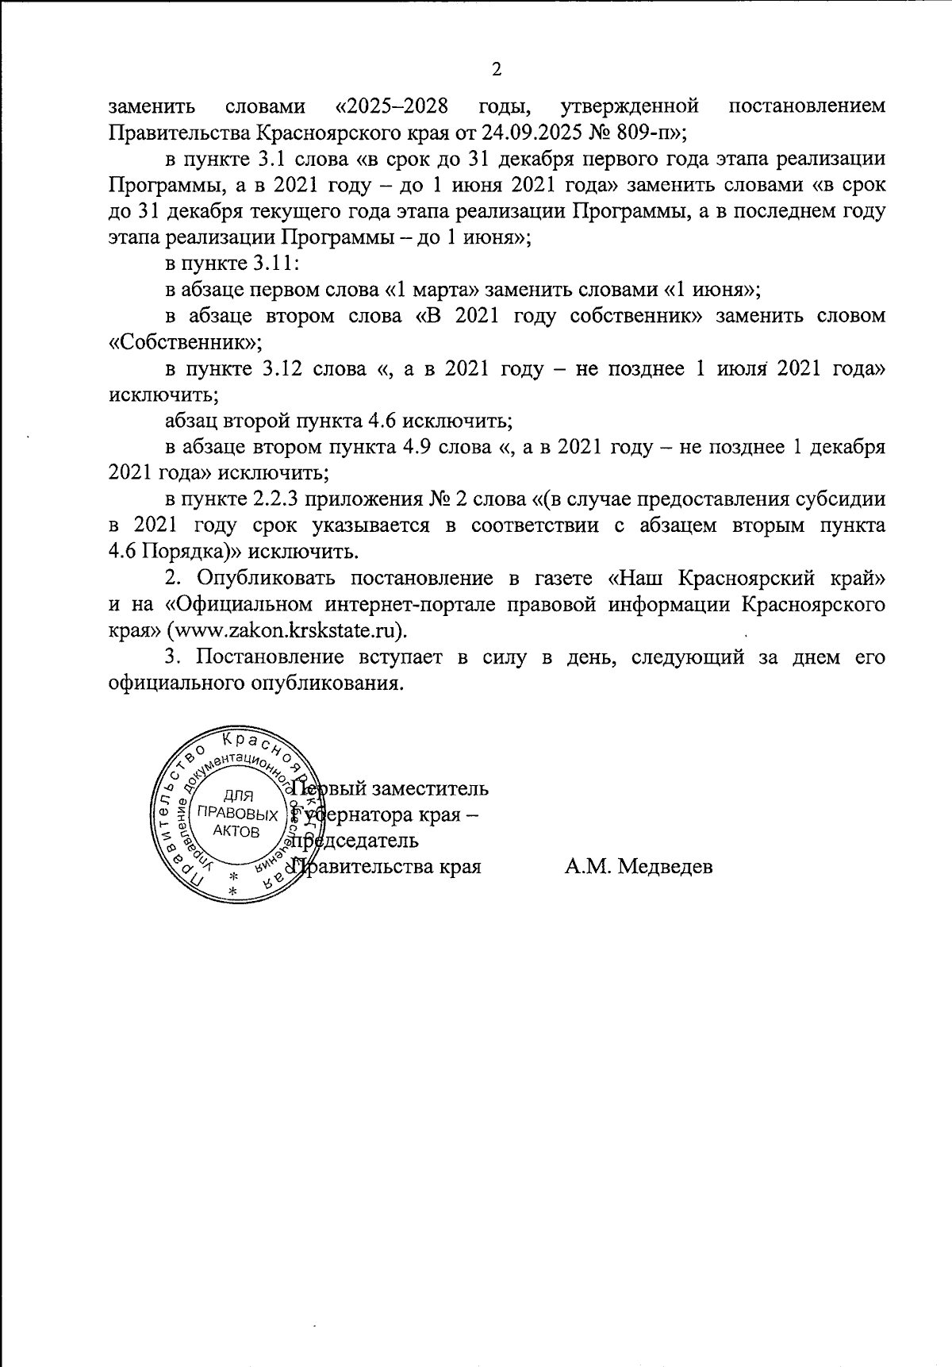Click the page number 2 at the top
click(497, 70)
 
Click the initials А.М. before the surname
click(586, 867)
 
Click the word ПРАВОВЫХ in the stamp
click(237, 814)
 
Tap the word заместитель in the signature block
click(436, 789)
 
